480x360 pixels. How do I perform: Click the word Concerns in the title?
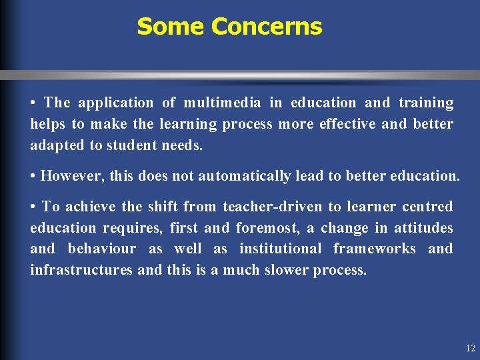point(267,27)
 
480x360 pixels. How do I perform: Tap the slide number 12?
point(471,348)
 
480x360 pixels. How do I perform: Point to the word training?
point(426,103)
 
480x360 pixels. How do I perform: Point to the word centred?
point(427,207)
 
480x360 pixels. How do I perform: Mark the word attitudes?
point(423,228)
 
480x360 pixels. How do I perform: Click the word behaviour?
point(102,249)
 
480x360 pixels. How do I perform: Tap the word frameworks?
point(375,249)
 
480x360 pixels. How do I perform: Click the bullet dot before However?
point(33,177)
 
